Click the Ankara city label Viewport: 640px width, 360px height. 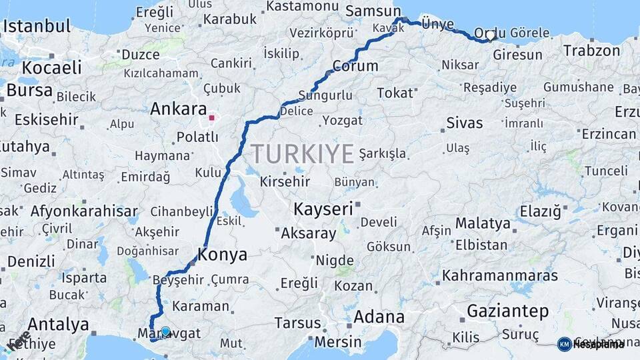point(178,109)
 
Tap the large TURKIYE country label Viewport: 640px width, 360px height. point(303,154)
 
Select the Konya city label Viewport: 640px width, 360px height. point(223,255)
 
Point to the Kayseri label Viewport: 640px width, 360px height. point(323,209)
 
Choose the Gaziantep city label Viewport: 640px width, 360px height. point(508,311)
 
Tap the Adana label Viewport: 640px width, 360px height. point(379,317)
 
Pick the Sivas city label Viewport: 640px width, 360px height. point(464,123)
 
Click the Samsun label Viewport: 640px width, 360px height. point(372,11)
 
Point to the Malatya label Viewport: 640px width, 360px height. point(483,223)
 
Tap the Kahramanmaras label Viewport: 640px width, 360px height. point(500,275)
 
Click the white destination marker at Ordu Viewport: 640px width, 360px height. point(491,35)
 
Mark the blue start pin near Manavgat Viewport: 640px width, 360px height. point(165,330)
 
